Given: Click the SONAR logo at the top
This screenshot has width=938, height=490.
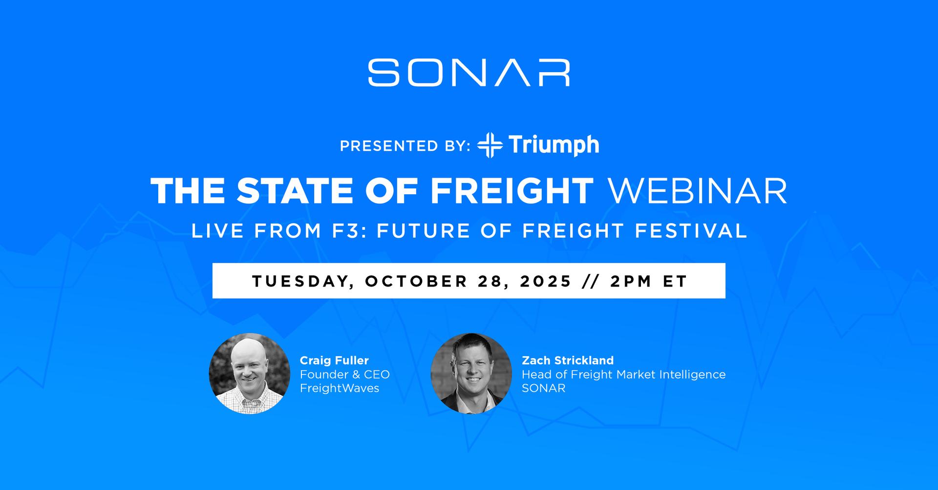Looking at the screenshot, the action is tap(469, 73).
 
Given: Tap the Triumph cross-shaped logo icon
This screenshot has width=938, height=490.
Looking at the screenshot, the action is tap(490, 145).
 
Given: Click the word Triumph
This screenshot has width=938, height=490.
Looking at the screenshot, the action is tap(554, 145).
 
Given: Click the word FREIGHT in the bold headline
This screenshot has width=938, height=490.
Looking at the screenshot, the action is tap(512, 190).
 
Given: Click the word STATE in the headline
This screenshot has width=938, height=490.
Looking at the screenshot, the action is tap(295, 190).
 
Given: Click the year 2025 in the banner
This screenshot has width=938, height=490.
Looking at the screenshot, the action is tap(546, 281).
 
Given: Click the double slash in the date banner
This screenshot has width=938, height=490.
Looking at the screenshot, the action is tap(591, 281).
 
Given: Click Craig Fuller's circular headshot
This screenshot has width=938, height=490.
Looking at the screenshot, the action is tap(250, 373).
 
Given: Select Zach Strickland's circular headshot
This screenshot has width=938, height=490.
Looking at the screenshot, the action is tap(471, 373).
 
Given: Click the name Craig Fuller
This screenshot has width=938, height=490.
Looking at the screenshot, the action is tap(334, 360).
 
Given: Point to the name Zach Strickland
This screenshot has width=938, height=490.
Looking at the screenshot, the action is tap(568, 360).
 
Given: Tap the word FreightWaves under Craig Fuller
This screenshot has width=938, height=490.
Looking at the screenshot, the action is tap(340, 388).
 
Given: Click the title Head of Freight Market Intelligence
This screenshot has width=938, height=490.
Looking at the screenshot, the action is tap(624, 374).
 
